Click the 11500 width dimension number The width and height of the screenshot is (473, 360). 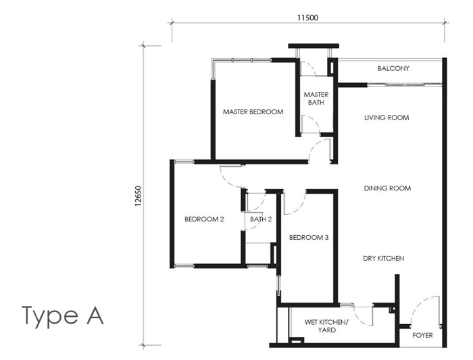(308, 18)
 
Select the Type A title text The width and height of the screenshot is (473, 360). (63, 315)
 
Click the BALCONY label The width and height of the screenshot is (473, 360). (393, 69)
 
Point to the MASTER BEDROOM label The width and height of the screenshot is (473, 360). (253, 111)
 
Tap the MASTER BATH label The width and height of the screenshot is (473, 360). (316, 99)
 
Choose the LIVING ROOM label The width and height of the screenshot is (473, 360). (387, 118)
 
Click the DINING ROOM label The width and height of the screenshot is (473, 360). (387, 188)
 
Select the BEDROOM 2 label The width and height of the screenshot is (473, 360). (204, 219)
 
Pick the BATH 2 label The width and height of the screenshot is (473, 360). (260, 219)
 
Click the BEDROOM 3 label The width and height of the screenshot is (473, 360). (309, 237)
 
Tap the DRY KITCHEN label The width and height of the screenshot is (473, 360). (383, 258)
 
